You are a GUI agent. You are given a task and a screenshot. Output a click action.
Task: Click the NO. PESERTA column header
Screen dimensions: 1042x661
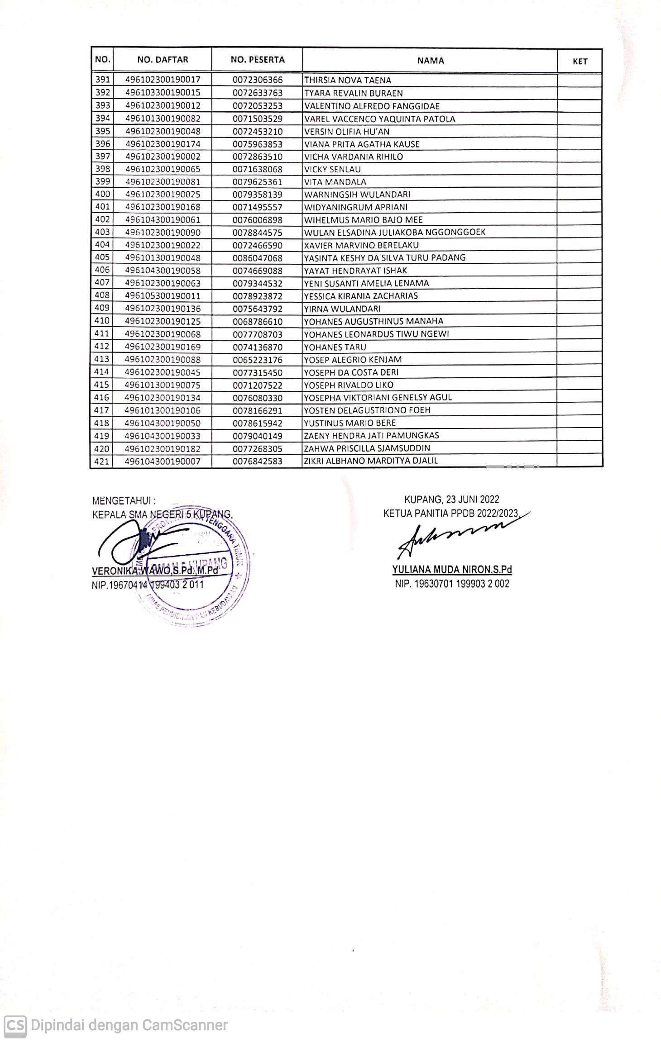[x=257, y=60]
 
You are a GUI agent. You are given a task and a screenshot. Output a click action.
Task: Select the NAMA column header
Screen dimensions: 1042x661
[x=430, y=61]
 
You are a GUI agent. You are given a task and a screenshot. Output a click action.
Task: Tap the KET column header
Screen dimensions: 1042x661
[x=580, y=61]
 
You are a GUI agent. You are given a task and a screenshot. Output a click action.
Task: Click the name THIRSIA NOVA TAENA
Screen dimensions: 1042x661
[x=347, y=81]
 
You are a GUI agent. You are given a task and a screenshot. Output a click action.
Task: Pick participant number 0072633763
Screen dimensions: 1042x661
[x=258, y=93]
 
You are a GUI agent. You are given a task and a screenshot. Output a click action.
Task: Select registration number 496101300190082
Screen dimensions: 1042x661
[x=163, y=119]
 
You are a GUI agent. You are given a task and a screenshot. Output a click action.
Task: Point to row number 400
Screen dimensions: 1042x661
[x=102, y=194]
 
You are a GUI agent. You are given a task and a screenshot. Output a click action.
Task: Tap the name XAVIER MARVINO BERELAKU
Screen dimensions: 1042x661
[x=361, y=245]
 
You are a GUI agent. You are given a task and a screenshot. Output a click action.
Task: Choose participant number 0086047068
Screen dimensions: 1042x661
[x=258, y=258]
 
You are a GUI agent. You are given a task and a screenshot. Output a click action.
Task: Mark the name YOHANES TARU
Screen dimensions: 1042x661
[x=335, y=347]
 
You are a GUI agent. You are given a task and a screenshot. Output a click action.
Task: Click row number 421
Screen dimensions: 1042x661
[x=102, y=461]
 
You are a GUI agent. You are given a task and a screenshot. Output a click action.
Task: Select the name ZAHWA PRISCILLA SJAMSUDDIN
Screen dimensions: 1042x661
[x=367, y=448]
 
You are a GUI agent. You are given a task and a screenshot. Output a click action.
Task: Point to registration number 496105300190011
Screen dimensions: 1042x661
[x=163, y=296]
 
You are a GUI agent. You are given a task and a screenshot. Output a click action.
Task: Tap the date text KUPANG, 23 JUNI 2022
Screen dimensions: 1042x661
[x=451, y=500]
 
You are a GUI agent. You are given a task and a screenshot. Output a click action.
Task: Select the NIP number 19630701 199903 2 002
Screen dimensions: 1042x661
[x=452, y=584]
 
